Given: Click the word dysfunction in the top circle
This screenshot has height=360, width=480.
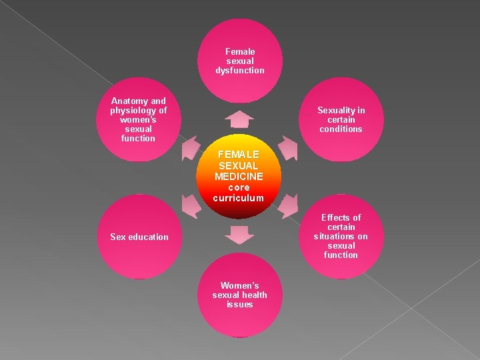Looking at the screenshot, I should pos(240,70).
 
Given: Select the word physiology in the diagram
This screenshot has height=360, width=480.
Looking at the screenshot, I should pos(131,111).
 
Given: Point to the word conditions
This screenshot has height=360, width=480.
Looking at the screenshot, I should pos(341,129).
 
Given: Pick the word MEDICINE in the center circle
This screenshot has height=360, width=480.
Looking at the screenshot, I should pos(239,176).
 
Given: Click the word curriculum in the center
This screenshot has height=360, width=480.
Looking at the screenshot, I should pos(239,198).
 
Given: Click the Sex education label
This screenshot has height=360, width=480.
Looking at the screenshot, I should pos(139,237).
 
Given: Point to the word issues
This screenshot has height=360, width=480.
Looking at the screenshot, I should pos(239,304).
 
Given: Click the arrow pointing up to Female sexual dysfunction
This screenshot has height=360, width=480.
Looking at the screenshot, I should pos(239,119).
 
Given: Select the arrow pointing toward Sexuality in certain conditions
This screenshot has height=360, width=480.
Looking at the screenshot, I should pos(287,147).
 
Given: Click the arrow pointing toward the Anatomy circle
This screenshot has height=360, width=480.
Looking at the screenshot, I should pos(191,147).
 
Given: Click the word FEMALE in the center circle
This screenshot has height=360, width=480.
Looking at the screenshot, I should pos(239,154).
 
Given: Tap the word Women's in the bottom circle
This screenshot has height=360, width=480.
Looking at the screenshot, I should pos(239,285).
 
